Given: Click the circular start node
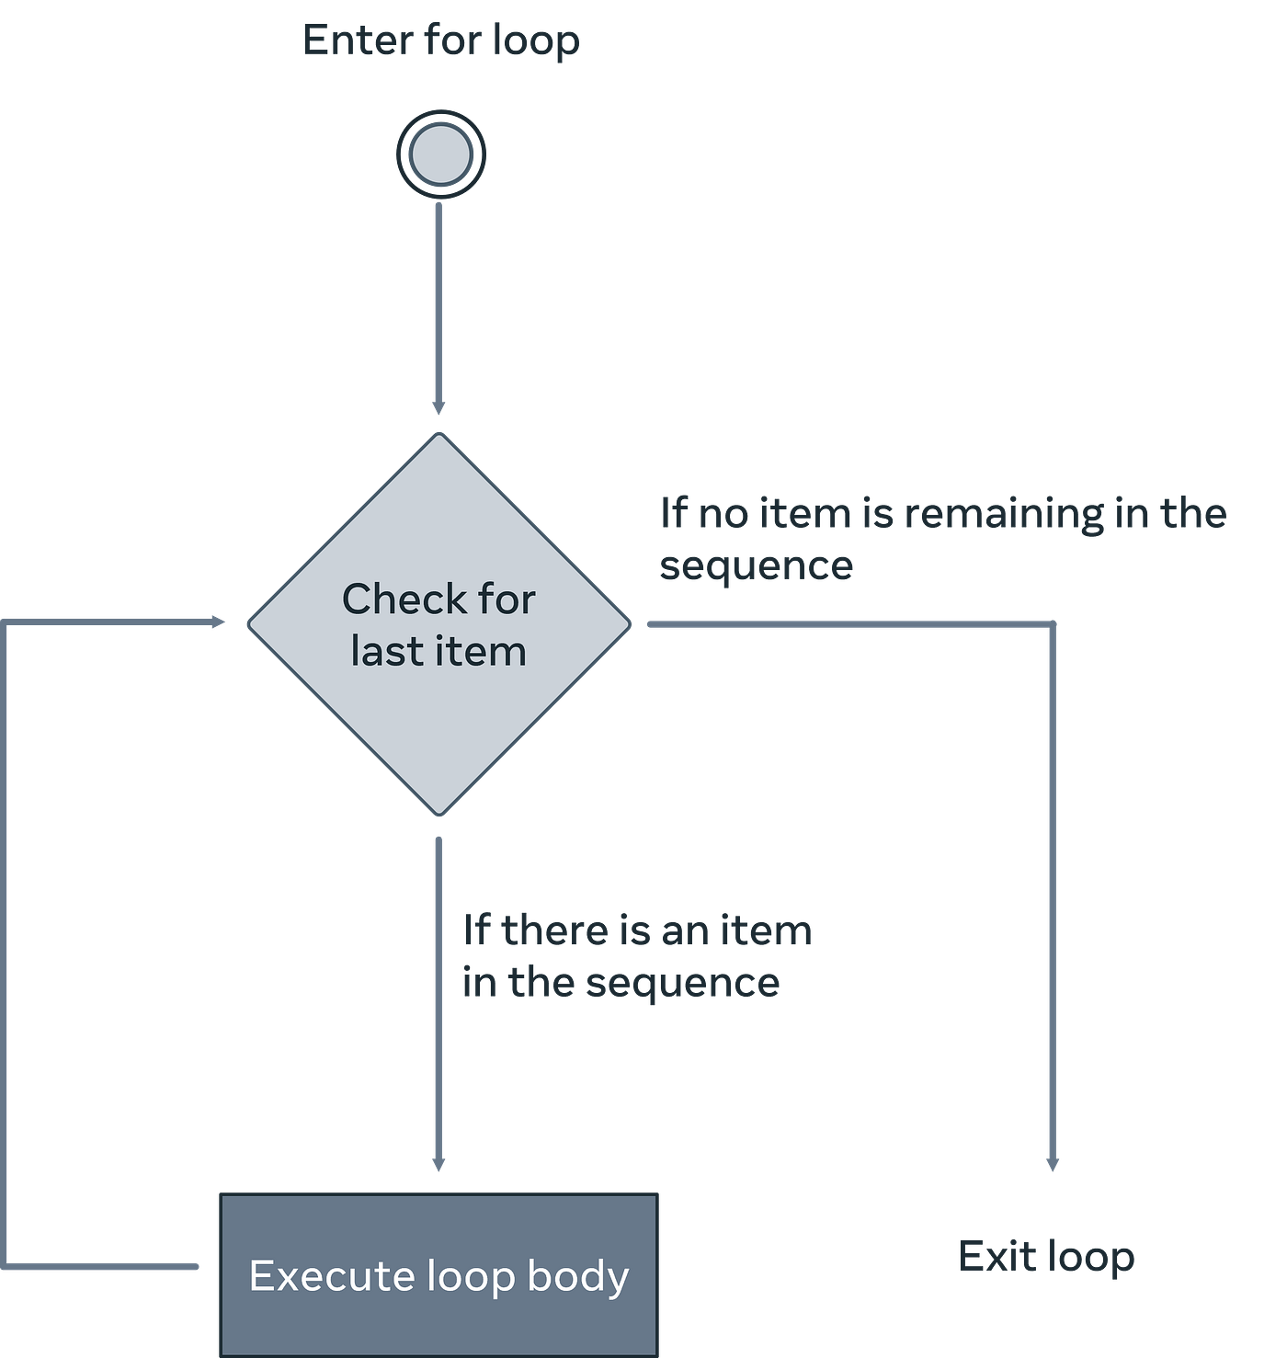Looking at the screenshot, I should click(x=440, y=154).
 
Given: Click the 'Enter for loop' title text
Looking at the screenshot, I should click(x=441, y=40).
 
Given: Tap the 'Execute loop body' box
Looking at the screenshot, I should click(x=438, y=1274).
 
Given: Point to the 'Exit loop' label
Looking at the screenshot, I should click(x=1046, y=1256).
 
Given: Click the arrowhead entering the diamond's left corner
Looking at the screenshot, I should click(x=218, y=622).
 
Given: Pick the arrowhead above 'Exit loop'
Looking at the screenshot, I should click(x=1053, y=1165).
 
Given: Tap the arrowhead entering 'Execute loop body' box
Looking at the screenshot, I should click(x=438, y=1165).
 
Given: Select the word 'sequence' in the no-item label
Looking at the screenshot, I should click(x=756, y=565).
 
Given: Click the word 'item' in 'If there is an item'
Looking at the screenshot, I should click(x=766, y=930).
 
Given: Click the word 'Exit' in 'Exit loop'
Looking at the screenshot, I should click(x=997, y=1255).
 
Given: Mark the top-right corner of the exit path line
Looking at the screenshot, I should click(x=1053, y=623).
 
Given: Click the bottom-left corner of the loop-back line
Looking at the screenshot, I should click(x=7, y=1266).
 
